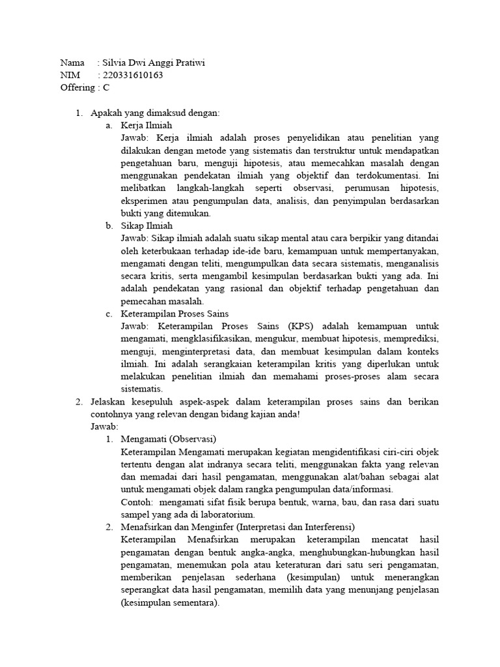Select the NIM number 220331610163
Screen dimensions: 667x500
[133, 75]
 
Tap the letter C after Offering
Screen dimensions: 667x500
[106, 87]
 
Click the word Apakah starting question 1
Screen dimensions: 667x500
[106, 113]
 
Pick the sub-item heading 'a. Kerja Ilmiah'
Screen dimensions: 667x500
[146, 125]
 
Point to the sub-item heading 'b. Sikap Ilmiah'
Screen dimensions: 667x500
[146, 226]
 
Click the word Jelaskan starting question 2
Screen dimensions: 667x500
[109, 402]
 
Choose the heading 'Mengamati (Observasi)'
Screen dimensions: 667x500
[168, 439]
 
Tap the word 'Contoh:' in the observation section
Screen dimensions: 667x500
[136, 502]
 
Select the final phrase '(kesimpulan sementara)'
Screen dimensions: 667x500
[170, 603]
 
